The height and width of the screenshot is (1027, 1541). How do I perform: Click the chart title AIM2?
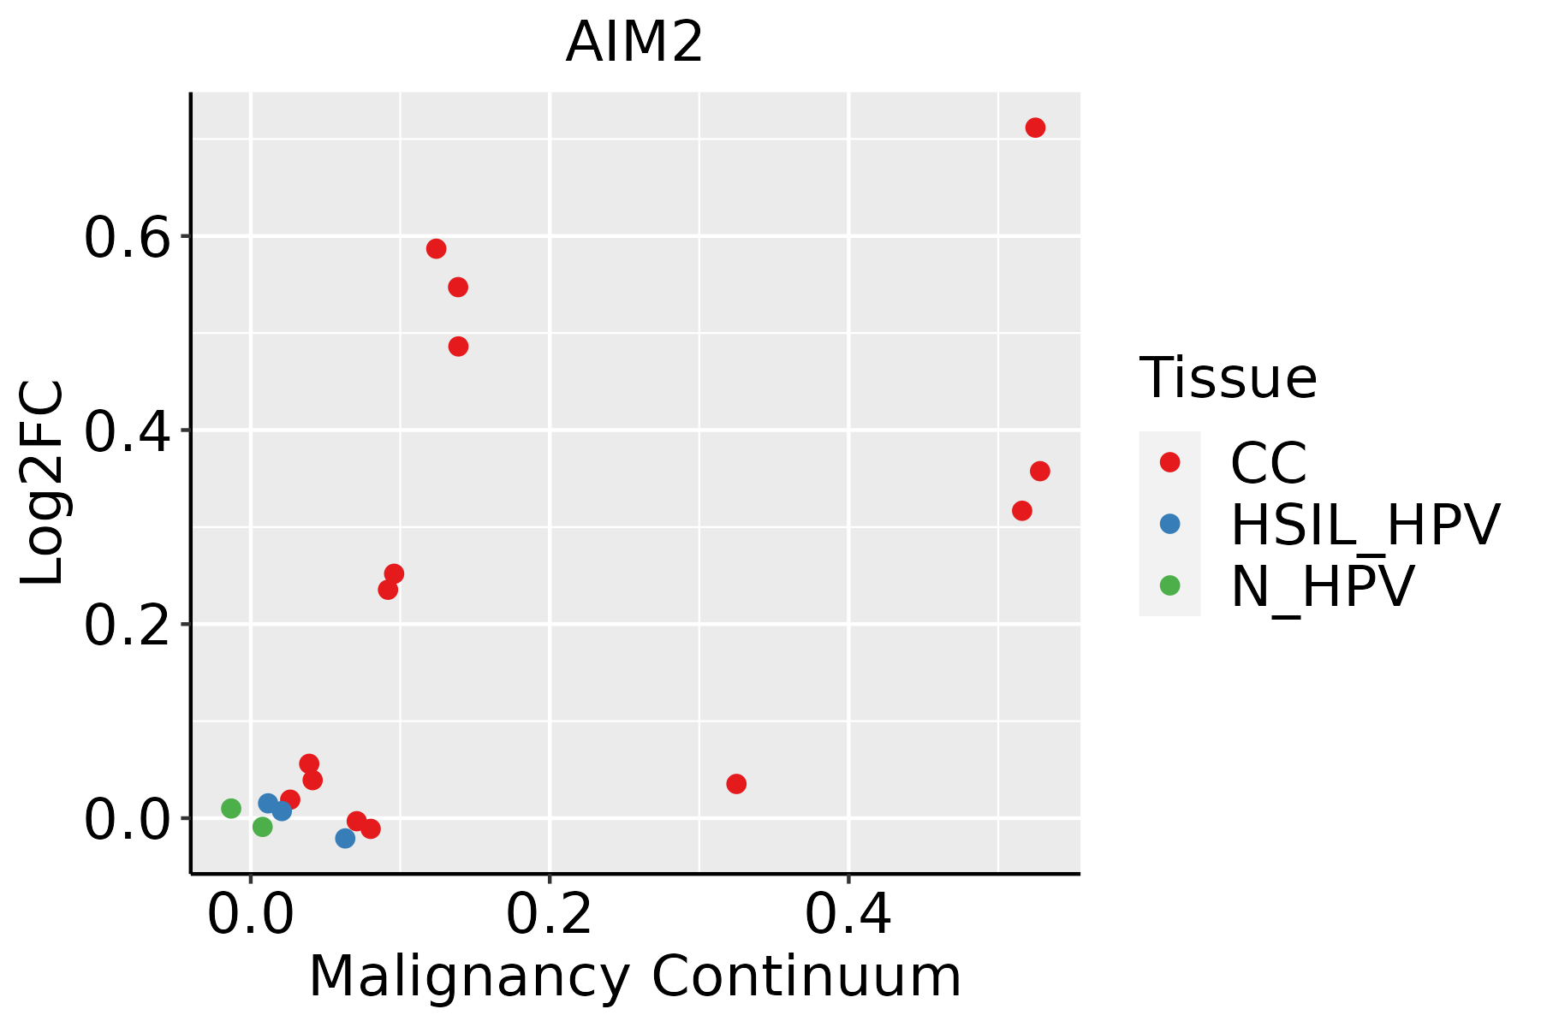pos(634,43)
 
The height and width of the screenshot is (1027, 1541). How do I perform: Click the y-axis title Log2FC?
pos(43,484)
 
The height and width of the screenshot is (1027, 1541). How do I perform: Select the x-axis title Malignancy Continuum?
pos(634,977)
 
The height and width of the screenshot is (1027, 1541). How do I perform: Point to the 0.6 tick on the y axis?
pos(127,237)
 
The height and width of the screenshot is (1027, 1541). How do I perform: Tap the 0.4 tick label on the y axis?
pos(127,431)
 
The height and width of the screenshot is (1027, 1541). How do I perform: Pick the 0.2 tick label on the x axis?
pos(549,915)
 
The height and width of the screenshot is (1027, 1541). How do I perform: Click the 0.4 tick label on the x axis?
pos(848,915)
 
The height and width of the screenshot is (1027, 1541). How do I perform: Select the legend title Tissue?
pos(1228,377)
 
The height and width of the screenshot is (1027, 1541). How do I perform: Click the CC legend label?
pos(1268,464)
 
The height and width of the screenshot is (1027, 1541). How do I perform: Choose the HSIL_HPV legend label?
pos(1365,525)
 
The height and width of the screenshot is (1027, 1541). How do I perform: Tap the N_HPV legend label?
pos(1322,587)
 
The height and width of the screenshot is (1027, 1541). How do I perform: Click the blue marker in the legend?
pos(1169,524)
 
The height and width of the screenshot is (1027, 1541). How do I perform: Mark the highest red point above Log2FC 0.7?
pos(1035,128)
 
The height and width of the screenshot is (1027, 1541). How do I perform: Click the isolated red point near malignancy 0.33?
pos(736,784)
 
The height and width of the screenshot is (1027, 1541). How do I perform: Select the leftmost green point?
pos(231,809)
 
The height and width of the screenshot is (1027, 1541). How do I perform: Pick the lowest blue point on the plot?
pos(345,839)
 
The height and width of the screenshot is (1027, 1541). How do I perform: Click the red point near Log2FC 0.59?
pos(437,249)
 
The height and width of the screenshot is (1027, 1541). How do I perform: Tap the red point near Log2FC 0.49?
pos(458,347)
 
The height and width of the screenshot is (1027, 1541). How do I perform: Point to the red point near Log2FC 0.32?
pos(1022,511)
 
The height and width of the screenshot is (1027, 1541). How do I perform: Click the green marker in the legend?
pos(1169,585)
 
